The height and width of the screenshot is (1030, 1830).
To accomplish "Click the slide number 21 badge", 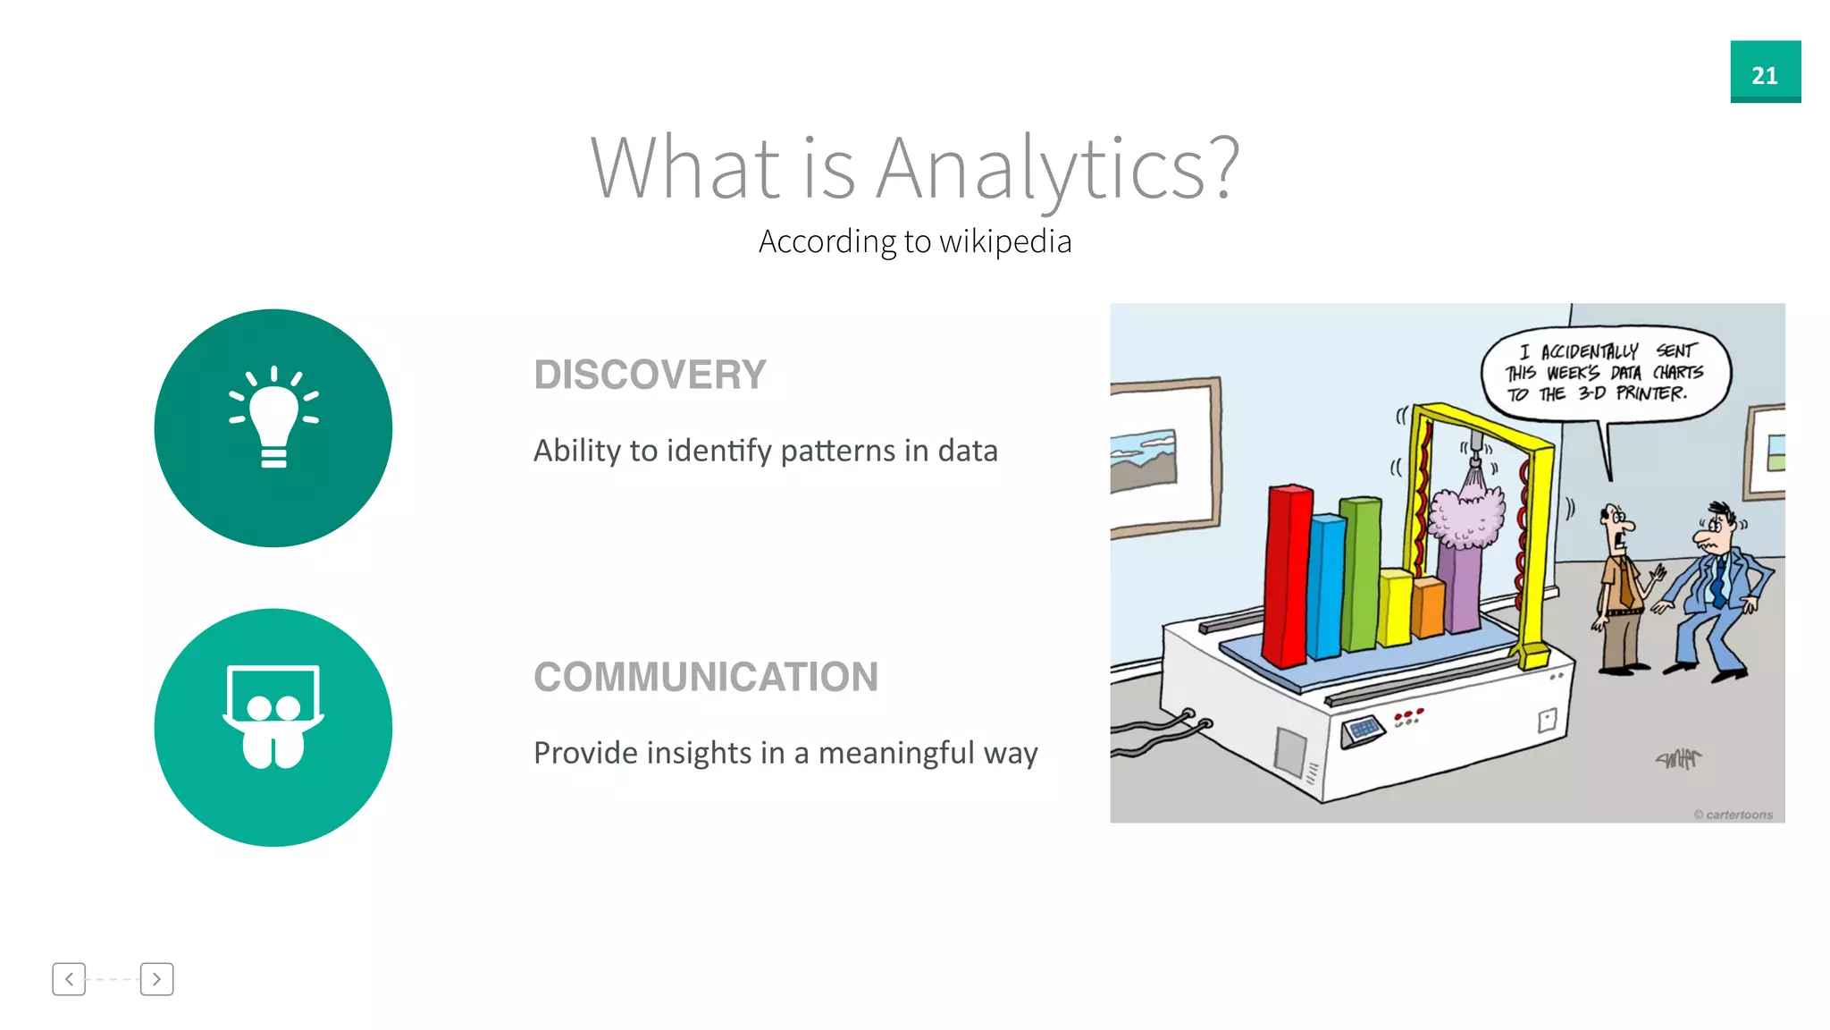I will click(x=1765, y=72).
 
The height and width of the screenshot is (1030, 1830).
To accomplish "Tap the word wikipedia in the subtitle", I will click(x=1004, y=241).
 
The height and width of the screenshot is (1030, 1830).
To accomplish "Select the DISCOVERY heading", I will click(x=650, y=375).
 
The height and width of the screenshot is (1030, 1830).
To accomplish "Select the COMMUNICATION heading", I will click(x=705, y=677).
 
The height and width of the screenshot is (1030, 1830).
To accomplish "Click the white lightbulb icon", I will click(x=273, y=418).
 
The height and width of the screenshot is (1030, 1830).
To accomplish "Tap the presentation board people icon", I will click(x=273, y=717).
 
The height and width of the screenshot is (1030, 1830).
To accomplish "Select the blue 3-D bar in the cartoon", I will click(x=1326, y=586).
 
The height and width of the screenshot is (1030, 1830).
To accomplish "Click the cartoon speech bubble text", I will click(x=1604, y=372).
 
